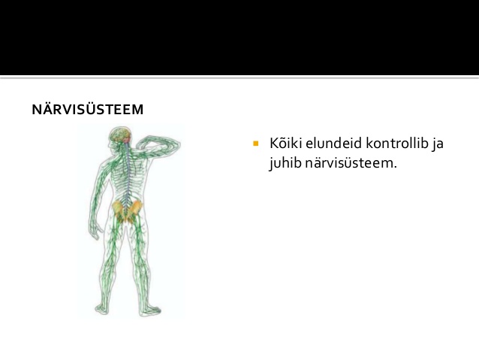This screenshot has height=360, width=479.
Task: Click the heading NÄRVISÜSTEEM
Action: pyautogui.click(x=88, y=109)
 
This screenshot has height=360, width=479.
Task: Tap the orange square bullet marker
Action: pyautogui.click(x=256, y=143)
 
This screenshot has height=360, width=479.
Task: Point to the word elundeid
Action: pyautogui.click(x=333, y=143)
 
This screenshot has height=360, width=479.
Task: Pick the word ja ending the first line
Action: pyautogui.click(x=438, y=144)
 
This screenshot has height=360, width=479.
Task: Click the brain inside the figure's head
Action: pyautogui.click(x=119, y=135)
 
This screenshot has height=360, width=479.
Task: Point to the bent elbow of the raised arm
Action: pyautogui.click(x=176, y=144)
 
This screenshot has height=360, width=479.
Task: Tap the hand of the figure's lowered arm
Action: pyautogui.click(x=95, y=228)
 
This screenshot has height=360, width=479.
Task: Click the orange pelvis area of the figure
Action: pyautogui.click(x=127, y=210)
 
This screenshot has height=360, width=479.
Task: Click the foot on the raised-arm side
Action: pyautogui.click(x=149, y=310)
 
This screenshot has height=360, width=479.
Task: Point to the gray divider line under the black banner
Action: pyautogui.click(x=239, y=77)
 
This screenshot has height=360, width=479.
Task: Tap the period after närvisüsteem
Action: pyautogui.click(x=395, y=168)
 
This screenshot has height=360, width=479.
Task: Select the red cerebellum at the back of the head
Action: pyautogui.click(x=126, y=140)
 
